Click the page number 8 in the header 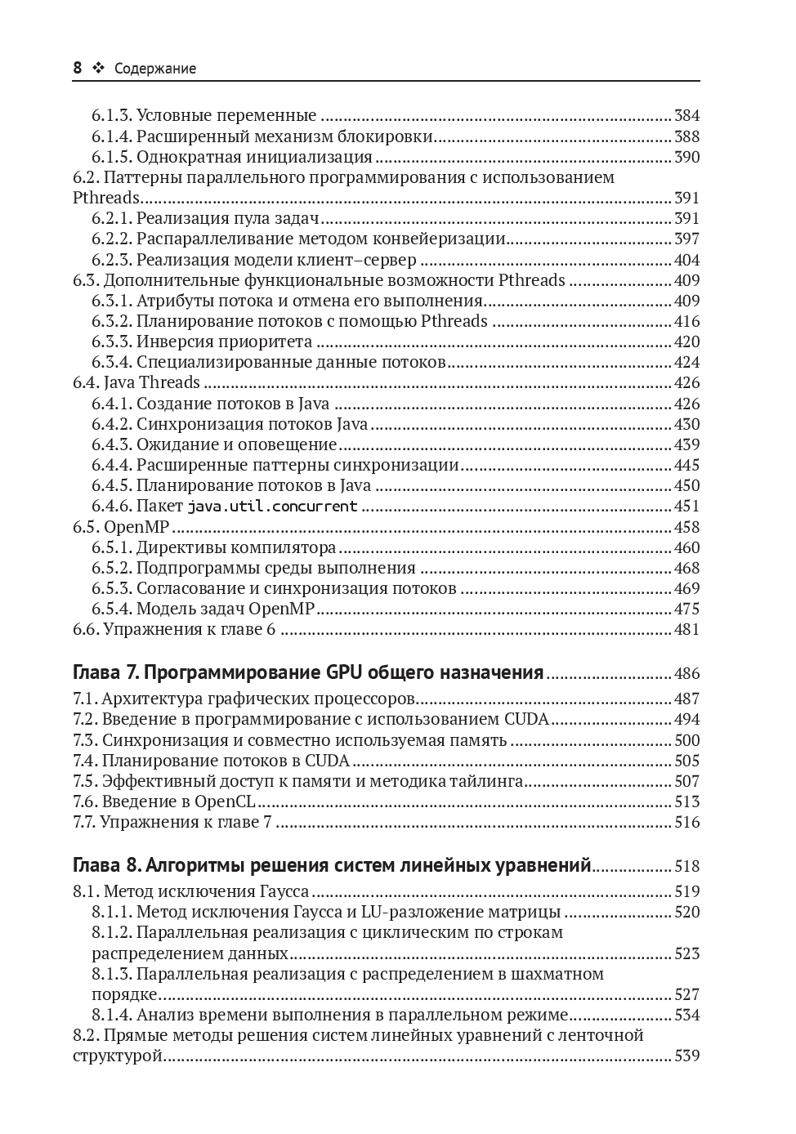(x=78, y=69)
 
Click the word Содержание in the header (x=155, y=69)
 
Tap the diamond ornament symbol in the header (x=99, y=69)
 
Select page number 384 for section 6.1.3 (x=686, y=116)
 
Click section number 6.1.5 (x=111, y=157)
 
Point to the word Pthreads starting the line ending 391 (x=106, y=198)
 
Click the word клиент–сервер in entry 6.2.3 (x=363, y=260)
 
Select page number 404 (x=686, y=260)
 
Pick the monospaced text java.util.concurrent (x=272, y=507)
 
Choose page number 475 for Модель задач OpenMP (x=686, y=609)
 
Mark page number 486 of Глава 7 (x=686, y=674)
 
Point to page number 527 (x=686, y=994)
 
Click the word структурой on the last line (x=118, y=1056)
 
